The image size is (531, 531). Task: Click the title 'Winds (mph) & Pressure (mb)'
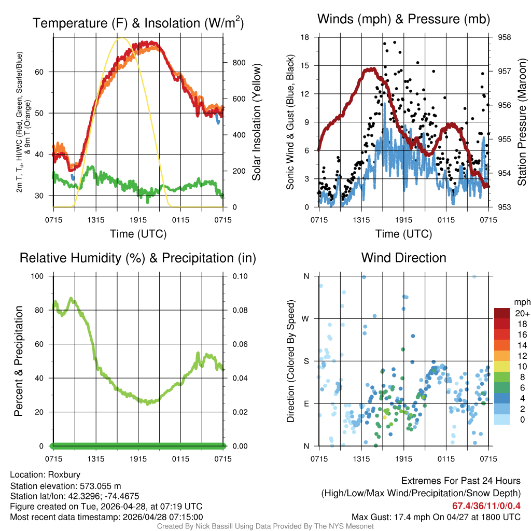pyautogui.click(x=403, y=19)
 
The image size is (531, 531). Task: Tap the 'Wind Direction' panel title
pyautogui.click(x=403, y=258)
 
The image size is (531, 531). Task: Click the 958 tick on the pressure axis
pyautogui.click(x=504, y=37)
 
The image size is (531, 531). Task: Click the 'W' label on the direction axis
pyautogui.click(x=306, y=318)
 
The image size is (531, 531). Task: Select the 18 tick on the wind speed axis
pyautogui.click(x=305, y=37)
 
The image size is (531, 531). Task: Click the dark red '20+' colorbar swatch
pyautogui.click(x=502, y=313)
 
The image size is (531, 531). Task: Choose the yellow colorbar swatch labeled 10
pyautogui.click(x=502, y=366)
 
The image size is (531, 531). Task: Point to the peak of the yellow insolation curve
pyautogui.click(x=121, y=38)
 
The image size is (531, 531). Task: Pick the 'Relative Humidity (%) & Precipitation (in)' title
pyautogui.click(x=138, y=258)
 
